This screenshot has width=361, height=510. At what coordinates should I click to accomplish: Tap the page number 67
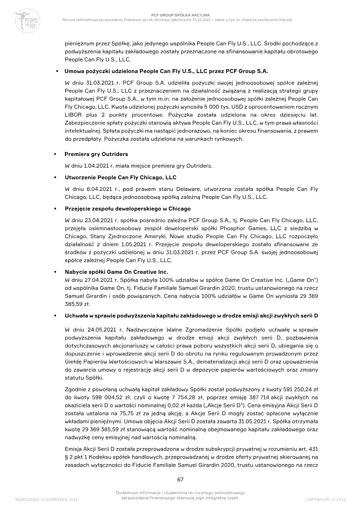pos(180,479)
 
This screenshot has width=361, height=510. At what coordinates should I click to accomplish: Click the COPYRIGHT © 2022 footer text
pos(325,500)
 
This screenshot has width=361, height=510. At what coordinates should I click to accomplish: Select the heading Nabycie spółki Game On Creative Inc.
pos(116,271)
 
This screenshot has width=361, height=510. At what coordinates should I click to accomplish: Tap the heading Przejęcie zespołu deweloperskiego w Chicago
pos(128,209)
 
